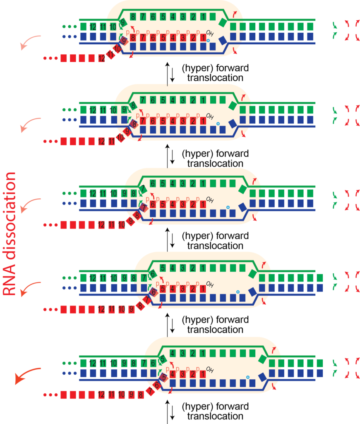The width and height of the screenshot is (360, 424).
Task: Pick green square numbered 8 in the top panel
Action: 133,17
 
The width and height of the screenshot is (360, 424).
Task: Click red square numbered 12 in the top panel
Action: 101,58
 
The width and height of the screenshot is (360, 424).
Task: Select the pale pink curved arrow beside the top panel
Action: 31,41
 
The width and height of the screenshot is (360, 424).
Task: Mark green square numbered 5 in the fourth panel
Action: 163,267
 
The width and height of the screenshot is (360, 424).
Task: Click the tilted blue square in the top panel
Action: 223,40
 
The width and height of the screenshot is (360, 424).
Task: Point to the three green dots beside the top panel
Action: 69,26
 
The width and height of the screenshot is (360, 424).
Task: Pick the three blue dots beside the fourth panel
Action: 69,288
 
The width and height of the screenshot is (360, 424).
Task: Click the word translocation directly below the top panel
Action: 215,77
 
